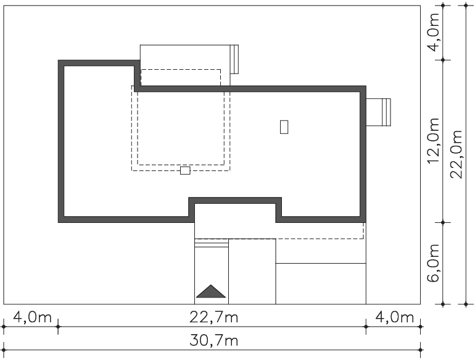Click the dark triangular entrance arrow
coord(211,291)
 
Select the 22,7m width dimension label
coord(214,318)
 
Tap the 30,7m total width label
coord(214,341)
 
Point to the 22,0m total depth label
coord(456,154)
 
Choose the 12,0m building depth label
coord(434,140)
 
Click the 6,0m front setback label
coord(434,262)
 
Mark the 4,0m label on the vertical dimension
coord(434,32)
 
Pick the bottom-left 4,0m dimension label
coord(33,318)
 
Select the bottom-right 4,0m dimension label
coord(394,318)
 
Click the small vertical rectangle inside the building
coord(284,127)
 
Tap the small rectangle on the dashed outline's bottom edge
coord(185,170)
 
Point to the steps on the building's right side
coord(386,112)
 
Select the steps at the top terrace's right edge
coord(234,59)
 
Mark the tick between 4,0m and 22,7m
coord(58,327)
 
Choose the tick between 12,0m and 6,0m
coord(443,223)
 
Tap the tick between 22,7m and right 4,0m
coord(366,327)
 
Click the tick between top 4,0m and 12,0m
coord(443,60)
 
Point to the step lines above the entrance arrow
coord(212,243)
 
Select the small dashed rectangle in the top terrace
coord(181,78)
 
